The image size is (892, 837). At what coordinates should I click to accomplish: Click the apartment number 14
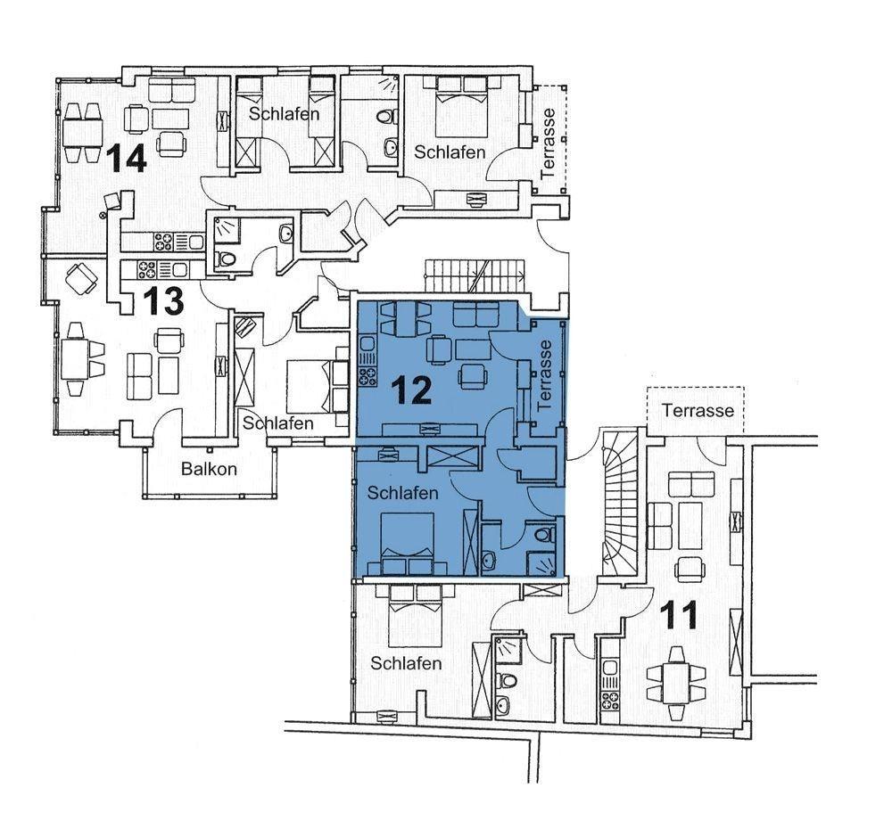[128, 158]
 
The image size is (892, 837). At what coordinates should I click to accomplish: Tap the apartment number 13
[163, 300]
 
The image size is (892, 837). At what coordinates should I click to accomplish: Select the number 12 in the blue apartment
[412, 391]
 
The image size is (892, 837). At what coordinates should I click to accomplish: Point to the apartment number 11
[679, 615]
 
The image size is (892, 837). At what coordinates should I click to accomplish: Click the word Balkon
[209, 469]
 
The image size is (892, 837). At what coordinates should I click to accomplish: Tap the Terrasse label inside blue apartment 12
[544, 375]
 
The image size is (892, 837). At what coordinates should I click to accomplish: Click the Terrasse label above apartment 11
[698, 410]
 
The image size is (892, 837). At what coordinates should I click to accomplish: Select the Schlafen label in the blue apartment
[403, 492]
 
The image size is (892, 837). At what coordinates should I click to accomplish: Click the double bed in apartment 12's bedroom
[408, 544]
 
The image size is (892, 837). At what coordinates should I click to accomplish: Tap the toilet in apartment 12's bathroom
[544, 534]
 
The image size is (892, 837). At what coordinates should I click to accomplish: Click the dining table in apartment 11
[676, 684]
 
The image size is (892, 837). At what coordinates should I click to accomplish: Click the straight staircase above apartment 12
[475, 275]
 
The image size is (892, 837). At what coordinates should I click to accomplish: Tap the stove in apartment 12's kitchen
[367, 375]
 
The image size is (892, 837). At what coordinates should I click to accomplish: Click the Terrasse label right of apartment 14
[548, 144]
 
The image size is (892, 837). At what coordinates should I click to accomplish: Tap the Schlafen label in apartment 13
[278, 423]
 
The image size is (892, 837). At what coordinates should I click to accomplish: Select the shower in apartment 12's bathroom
[541, 564]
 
